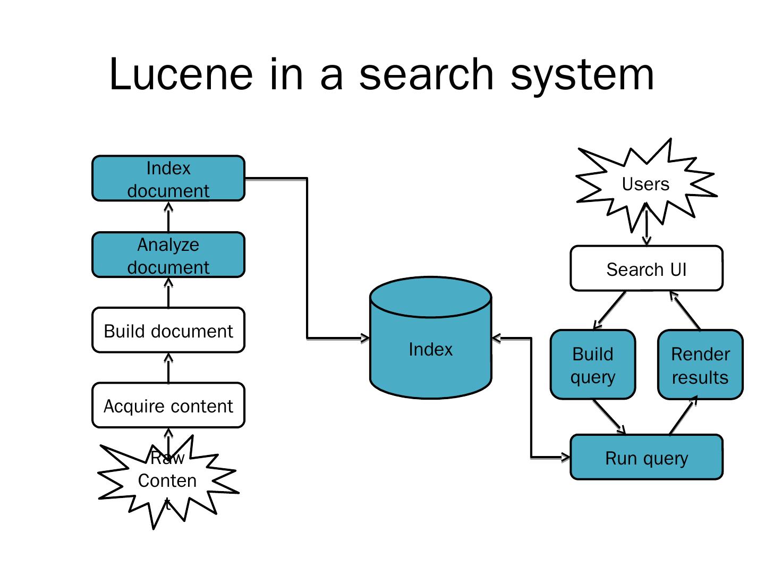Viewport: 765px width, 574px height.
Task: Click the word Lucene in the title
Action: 181,74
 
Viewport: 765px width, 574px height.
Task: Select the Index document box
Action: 168,179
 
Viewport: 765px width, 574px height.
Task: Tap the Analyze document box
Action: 168,255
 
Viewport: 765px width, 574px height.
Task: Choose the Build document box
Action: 168,331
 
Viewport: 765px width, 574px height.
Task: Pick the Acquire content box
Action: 168,406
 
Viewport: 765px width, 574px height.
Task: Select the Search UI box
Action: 646,269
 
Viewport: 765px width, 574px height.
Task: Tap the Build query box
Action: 592,365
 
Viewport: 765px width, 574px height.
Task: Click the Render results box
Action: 700,365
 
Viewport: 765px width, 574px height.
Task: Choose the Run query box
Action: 646,458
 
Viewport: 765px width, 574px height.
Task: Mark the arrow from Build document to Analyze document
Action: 168,293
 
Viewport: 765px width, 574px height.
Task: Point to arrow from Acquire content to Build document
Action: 168,368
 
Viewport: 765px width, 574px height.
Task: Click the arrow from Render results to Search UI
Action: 685,310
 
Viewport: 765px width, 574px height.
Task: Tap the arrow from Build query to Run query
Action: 609,417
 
